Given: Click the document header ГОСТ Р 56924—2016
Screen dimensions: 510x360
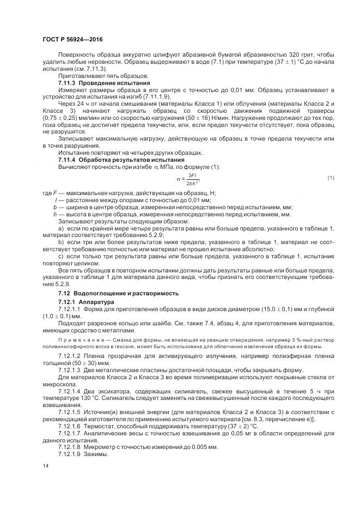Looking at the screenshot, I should tap(72, 40).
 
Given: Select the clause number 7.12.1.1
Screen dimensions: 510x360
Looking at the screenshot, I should tap(69, 309).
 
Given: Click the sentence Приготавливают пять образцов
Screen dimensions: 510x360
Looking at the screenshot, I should tap(96, 75).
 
